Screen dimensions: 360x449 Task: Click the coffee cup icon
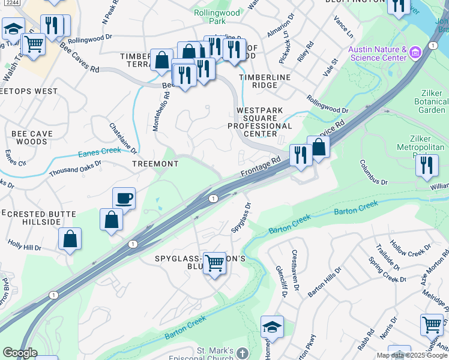point(124,198)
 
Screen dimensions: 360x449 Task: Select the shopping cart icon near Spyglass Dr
point(215,263)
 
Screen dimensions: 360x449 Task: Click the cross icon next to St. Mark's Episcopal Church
point(243,353)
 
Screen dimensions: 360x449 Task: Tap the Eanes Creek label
point(99,152)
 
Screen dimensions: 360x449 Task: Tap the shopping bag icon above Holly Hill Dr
point(70,239)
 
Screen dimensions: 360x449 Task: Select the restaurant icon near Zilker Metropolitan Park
point(427,164)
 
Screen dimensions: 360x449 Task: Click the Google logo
point(20,353)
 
